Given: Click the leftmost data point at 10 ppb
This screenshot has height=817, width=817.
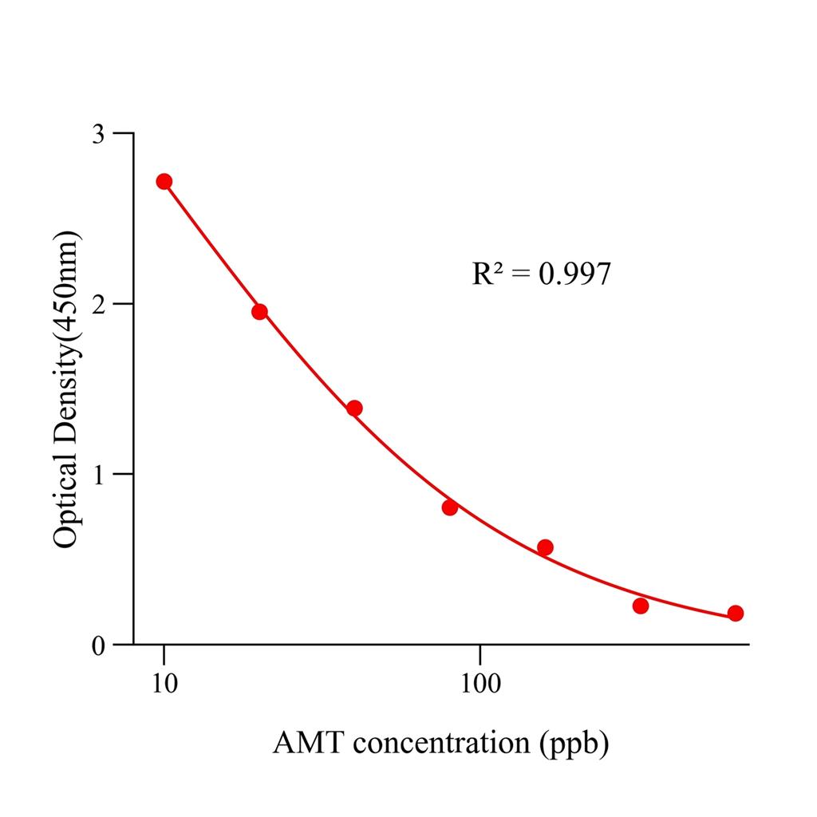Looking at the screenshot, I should (164, 181).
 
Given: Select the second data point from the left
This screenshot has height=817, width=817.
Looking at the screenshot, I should (259, 312).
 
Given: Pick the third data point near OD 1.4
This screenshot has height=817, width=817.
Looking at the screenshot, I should (354, 408).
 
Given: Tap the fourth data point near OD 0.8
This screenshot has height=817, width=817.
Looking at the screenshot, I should (450, 507).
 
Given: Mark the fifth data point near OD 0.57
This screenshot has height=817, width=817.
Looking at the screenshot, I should (545, 547).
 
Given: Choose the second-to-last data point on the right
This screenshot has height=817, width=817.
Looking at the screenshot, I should (641, 606).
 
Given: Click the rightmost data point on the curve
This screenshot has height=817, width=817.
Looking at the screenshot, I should (736, 613).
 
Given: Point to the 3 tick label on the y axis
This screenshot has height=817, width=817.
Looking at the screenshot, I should (97, 133).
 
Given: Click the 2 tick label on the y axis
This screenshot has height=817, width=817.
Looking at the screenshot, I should (97, 304).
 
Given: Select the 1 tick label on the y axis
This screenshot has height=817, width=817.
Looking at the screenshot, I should (97, 474).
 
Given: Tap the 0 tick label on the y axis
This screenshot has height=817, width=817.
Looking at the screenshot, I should (97, 645).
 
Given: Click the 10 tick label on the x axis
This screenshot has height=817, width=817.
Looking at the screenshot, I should (164, 684).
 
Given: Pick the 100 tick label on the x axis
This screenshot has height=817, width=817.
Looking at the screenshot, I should (480, 684).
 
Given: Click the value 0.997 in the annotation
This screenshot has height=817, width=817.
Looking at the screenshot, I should (574, 274).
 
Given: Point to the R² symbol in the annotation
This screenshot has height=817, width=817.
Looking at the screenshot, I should (487, 274).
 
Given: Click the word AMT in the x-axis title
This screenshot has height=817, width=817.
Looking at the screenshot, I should (309, 744).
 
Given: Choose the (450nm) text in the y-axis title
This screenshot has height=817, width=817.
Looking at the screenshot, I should (65, 280).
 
